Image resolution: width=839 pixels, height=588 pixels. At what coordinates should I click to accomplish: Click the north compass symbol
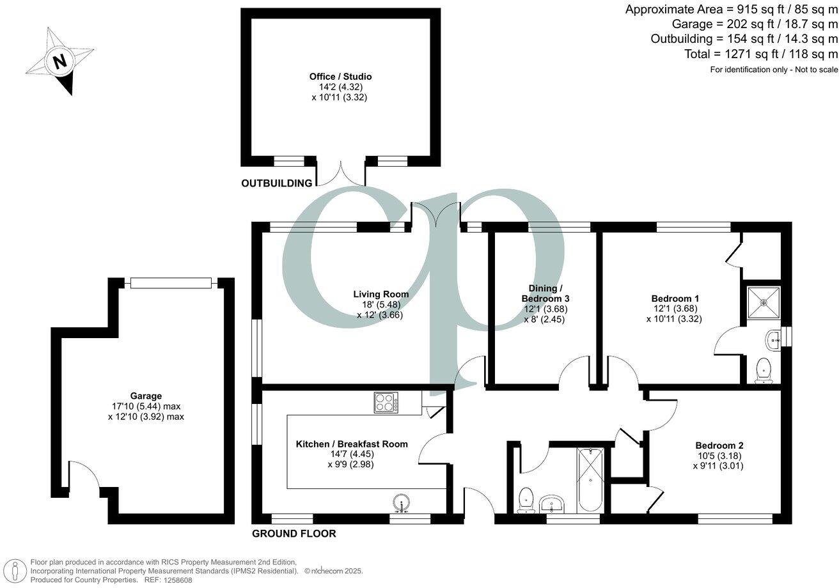pyautogui.click(x=59, y=62)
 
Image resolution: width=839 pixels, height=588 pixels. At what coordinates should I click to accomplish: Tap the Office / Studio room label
pyautogui.click(x=340, y=77)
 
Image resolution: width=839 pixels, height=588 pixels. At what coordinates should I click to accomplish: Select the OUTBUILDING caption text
pyautogui.click(x=276, y=183)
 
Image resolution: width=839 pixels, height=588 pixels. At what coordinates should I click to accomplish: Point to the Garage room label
pyautogui.click(x=146, y=396)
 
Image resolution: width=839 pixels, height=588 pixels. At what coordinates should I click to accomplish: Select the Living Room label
pyautogui.click(x=381, y=295)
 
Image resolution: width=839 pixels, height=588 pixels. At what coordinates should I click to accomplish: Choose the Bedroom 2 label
pyautogui.click(x=719, y=445)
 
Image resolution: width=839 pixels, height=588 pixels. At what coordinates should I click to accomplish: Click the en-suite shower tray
pyautogui.click(x=764, y=302)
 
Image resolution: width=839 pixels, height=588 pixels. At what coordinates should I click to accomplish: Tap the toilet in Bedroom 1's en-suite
pyautogui.click(x=762, y=369)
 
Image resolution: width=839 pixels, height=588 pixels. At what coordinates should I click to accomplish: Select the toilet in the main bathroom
pyautogui.click(x=526, y=499)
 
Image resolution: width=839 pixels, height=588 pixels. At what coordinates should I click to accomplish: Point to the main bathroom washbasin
pyautogui.click(x=552, y=504)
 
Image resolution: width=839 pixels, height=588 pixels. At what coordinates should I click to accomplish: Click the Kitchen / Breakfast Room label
pyautogui.click(x=351, y=444)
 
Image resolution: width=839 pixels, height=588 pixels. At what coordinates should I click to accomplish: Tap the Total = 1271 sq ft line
pyautogui.click(x=760, y=54)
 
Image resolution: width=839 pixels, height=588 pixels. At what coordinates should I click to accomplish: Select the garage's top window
pyautogui.click(x=171, y=282)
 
